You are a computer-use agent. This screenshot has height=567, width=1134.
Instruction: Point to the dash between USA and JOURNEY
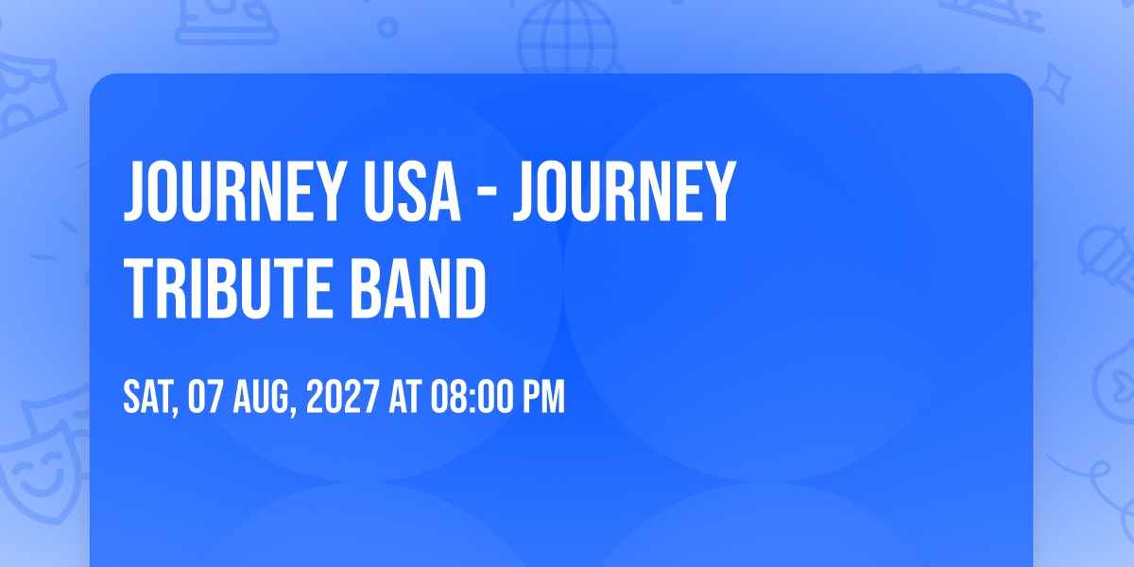tap(487, 193)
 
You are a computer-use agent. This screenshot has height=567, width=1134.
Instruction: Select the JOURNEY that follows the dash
tap(625, 192)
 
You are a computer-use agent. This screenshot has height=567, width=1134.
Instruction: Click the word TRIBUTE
tap(229, 288)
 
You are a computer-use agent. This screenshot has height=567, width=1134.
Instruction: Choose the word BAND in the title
tap(418, 288)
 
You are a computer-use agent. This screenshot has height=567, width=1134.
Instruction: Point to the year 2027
tap(343, 397)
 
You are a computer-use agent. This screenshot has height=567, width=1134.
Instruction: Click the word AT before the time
tap(405, 397)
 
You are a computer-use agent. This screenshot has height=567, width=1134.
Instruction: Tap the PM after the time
tap(543, 397)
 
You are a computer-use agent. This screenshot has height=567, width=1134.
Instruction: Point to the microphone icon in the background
tap(1107, 258)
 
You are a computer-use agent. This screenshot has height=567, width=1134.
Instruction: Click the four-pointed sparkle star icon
tap(1054, 83)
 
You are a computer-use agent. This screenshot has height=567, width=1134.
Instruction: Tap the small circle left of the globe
tap(387, 27)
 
